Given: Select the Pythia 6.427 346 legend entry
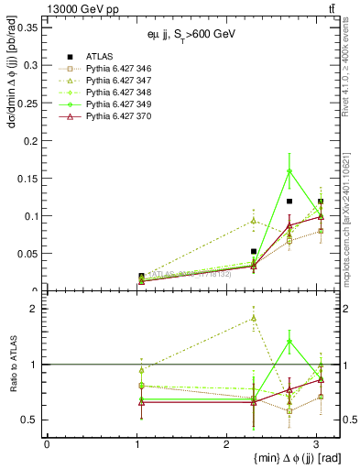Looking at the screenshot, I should [109, 68].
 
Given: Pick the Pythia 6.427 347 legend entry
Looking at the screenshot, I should [109, 80].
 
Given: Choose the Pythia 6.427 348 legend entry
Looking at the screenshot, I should [109, 92].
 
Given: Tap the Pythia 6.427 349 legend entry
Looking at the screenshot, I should [109, 104].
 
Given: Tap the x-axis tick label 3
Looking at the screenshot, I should [316, 444].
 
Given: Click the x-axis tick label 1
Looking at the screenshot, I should [136, 444].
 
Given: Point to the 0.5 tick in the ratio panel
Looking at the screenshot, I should [32, 420].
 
